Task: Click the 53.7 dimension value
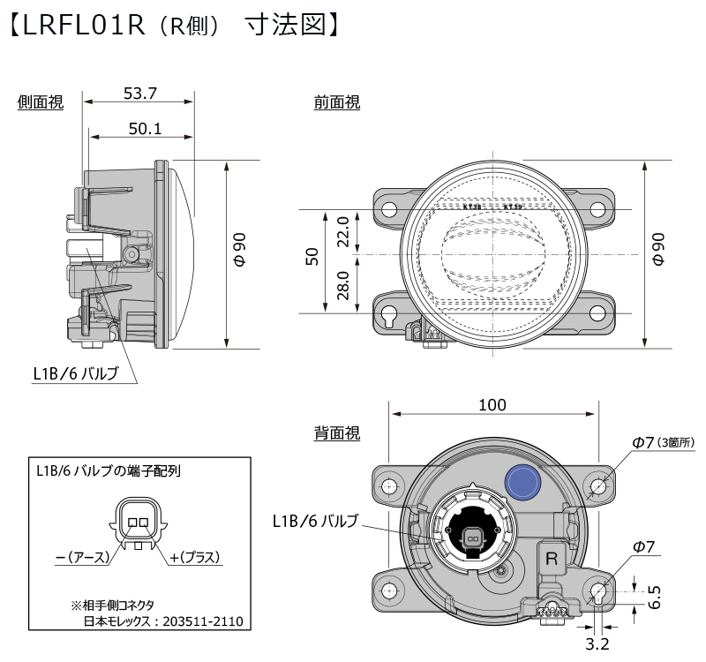(x=139, y=92)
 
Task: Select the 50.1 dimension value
(x=144, y=129)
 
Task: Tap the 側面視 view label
(x=41, y=103)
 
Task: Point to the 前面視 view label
(x=337, y=103)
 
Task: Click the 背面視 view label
(x=337, y=433)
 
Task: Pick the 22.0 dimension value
(x=345, y=232)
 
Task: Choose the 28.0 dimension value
(x=345, y=286)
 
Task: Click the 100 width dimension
(x=492, y=405)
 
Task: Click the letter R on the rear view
(x=552, y=558)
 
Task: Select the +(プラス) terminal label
(x=194, y=557)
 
